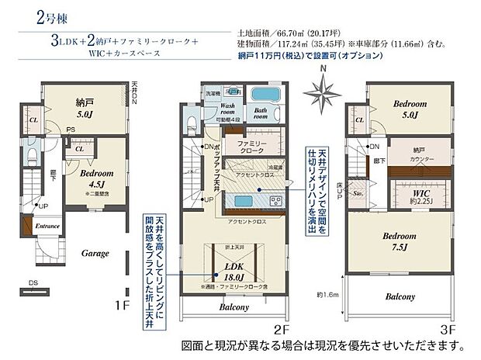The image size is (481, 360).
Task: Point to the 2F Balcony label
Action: tap(234, 307)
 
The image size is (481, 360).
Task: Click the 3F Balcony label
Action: tap(400, 297)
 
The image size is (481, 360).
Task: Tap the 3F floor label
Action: tap(445, 328)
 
